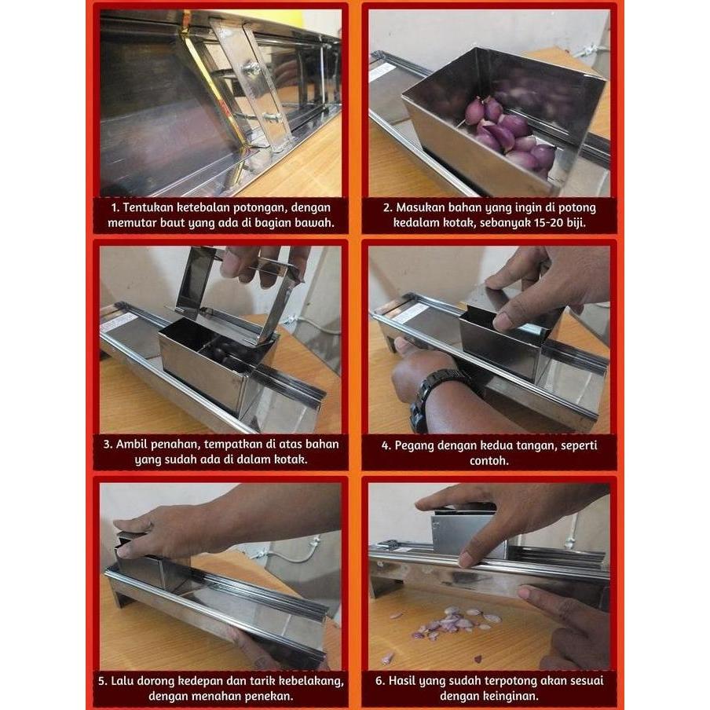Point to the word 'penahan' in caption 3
[171, 445]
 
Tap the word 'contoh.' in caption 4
[489, 460]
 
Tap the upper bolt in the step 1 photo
[253, 68]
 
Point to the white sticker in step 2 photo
[382, 71]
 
